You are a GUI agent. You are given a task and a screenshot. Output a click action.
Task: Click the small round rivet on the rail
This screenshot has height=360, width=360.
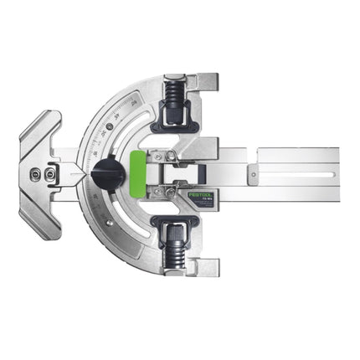click(x=250, y=174)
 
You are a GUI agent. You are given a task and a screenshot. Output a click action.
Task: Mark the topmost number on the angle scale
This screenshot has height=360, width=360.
click(x=135, y=103)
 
